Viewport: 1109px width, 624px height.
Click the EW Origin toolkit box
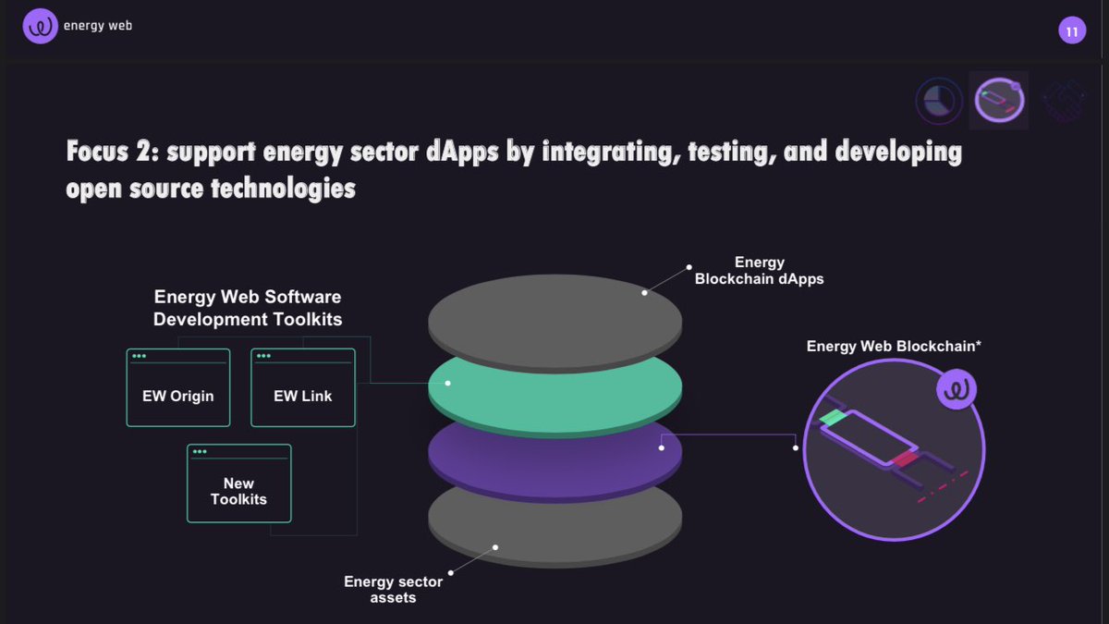[178, 387]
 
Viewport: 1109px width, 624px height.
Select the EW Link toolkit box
[303, 387]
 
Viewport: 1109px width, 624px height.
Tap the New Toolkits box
[238, 483]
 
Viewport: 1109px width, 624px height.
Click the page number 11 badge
[1072, 32]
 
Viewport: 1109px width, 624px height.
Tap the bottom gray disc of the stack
[554, 527]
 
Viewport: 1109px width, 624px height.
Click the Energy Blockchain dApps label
[759, 270]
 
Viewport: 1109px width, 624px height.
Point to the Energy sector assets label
[393, 589]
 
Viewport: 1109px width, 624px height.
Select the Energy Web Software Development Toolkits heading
[248, 308]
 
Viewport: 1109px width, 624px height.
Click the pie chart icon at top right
[939, 101]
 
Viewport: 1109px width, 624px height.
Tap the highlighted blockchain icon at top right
[1000, 100]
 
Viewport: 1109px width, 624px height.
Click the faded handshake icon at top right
[1063, 100]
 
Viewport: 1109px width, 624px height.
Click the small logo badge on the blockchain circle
[956, 390]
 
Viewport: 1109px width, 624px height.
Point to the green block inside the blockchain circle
[833, 419]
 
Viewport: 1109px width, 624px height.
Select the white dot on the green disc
[447, 383]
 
